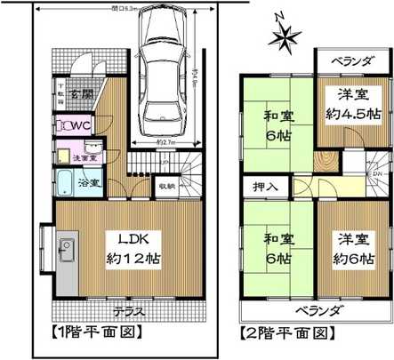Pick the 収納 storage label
[166, 187]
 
